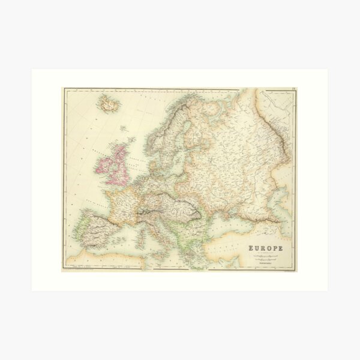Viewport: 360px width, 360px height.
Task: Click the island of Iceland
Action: point(110,105)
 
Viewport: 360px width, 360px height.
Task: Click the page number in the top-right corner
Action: point(293,90)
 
